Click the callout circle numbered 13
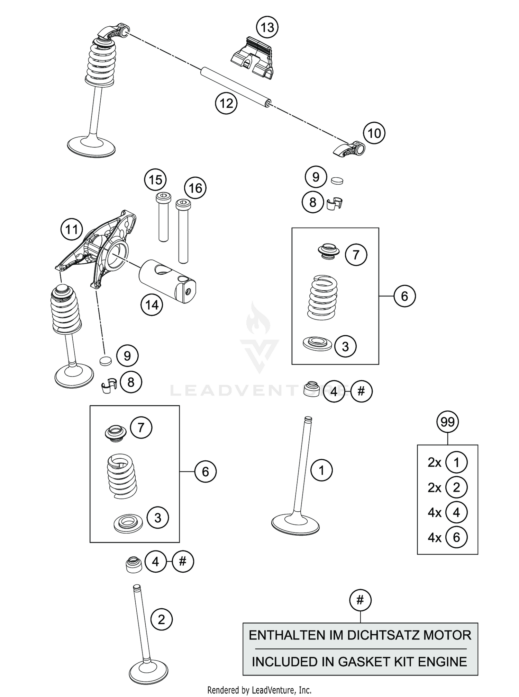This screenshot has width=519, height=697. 267,27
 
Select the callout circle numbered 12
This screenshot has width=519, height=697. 226,103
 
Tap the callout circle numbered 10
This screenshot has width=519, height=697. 374,133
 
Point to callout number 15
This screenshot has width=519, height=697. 155,180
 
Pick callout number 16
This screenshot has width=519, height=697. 195,188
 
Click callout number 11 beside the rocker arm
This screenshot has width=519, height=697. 72,229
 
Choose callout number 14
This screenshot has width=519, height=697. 152,305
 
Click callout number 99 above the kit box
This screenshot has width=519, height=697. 447,422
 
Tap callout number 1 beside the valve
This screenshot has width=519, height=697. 321,470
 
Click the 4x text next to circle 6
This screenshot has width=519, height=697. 435,538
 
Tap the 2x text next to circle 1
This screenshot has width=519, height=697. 435,462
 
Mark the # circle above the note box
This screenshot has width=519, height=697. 360,600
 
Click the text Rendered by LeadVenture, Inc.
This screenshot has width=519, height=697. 259,690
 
